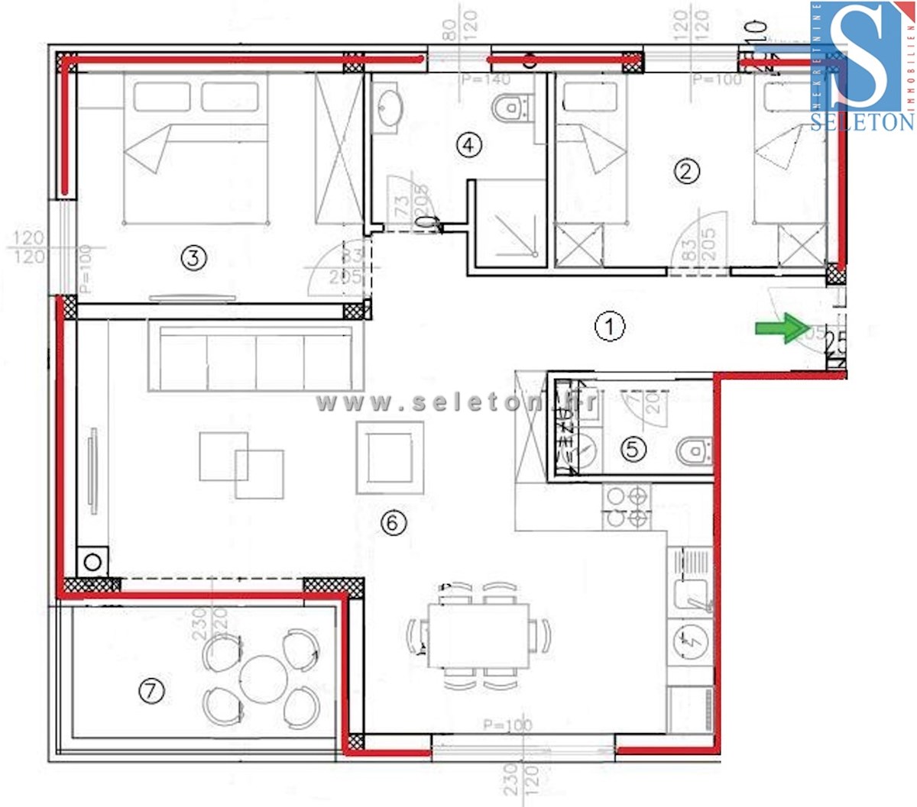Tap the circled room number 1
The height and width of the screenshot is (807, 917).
[x=609, y=327]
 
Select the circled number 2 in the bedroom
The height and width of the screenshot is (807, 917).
[x=685, y=170]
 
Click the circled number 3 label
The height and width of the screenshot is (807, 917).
[x=193, y=258]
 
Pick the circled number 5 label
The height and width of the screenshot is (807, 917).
[x=632, y=448]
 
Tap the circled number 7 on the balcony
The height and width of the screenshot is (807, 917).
[x=151, y=692]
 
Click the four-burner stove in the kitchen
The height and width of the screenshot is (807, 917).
[x=627, y=508]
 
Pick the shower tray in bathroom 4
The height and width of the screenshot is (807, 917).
[x=510, y=224]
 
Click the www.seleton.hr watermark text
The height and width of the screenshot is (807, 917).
[x=456, y=402]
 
